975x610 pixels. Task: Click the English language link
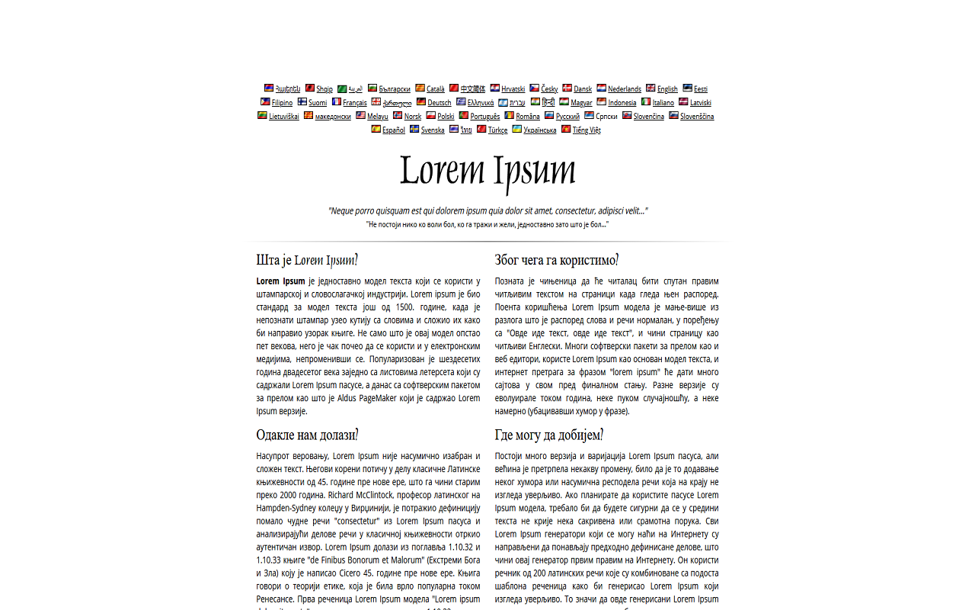[x=667, y=89]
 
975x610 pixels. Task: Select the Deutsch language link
[x=439, y=103]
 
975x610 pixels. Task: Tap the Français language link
[x=354, y=103]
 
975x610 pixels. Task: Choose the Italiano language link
[x=663, y=103]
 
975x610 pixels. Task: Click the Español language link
[x=393, y=130]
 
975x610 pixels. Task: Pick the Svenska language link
[x=433, y=130]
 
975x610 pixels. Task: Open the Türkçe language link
[x=497, y=130]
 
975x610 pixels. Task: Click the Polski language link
[x=446, y=117]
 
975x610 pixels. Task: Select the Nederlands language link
[x=624, y=89]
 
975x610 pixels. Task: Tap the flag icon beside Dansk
[x=567, y=88]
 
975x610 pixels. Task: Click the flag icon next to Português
[x=463, y=116]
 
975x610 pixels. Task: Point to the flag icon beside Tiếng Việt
[x=566, y=130]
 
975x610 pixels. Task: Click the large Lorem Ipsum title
[x=487, y=171]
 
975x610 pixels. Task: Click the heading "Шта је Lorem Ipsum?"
[x=307, y=260]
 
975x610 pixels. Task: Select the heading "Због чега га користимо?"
[x=556, y=260]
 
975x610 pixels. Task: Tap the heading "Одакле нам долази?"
[x=307, y=435]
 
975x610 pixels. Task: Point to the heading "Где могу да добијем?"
[x=548, y=435]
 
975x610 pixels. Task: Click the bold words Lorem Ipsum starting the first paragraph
[x=280, y=281]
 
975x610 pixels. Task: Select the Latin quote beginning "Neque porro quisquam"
[x=487, y=210]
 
